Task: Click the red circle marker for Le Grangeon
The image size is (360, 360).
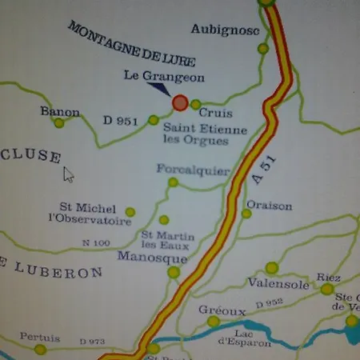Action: point(180,102)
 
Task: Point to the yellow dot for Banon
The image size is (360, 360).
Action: point(58,123)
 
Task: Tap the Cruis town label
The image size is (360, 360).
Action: point(216,113)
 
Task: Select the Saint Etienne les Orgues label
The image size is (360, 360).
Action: point(196,134)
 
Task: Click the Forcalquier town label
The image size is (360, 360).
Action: point(193,170)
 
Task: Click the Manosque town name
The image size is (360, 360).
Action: point(151,258)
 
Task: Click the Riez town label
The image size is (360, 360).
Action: point(328,277)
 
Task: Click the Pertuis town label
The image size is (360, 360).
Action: point(40,337)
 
